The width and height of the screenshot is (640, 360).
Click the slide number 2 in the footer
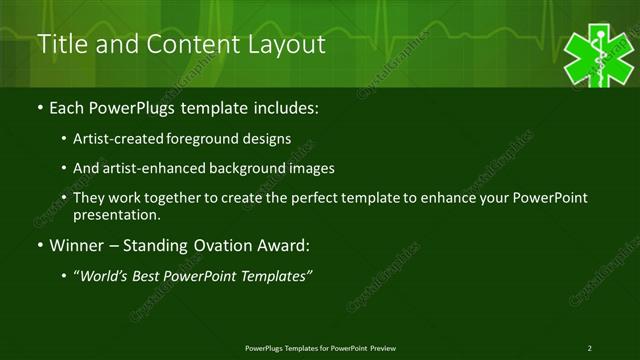tap(589, 348)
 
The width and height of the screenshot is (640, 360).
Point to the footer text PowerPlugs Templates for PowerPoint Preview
tap(320, 348)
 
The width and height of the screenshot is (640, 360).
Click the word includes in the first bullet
tap(290, 106)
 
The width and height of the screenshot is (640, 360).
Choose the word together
tap(176, 198)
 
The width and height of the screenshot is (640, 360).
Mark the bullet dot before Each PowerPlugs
tap(39, 107)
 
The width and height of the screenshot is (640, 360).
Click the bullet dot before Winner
tap(39, 246)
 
